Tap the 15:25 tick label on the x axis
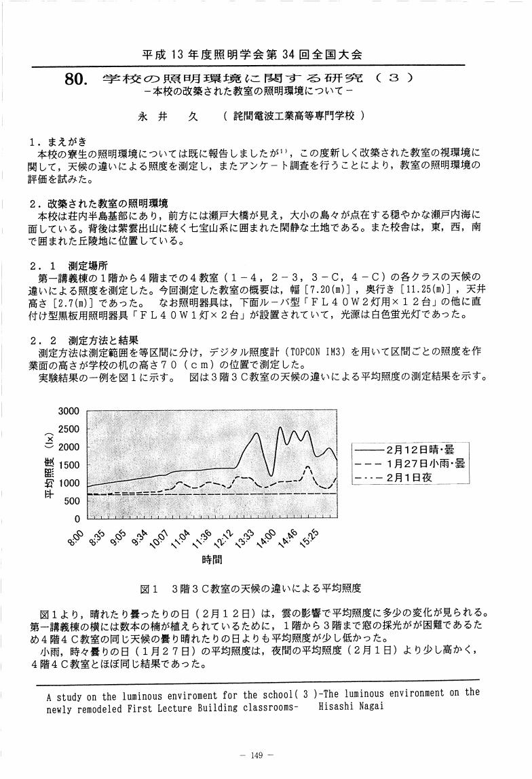[308, 540]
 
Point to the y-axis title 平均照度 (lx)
[49, 465]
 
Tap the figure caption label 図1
[149, 588]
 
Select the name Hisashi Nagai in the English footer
[356, 705]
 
